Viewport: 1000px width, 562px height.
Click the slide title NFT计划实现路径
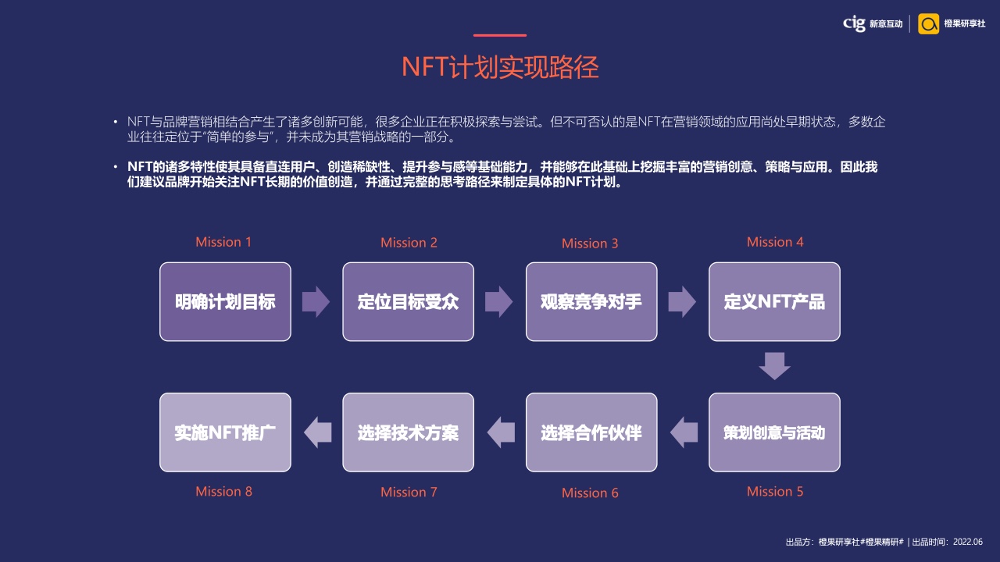(x=500, y=67)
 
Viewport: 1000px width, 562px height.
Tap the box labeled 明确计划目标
(x=225, y=301)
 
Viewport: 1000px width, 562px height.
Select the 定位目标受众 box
(x=408, y=301)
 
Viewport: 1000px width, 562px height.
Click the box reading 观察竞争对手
(x=591, y=301)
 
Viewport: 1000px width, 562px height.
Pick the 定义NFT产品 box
(x=774, y=301)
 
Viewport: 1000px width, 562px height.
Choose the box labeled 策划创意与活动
(x=774, y=432)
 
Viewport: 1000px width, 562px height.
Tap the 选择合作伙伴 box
(x=591, y=432)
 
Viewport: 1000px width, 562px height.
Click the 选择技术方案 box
(x=408, y=432)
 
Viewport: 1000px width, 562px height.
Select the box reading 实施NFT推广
(x=225, y=432)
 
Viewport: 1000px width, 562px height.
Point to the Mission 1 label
(x=223, y=242)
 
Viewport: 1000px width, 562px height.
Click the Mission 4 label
(x=775, y=242)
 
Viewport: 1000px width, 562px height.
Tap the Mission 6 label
(x=590, y=493)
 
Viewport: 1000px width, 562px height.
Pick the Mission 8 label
(x=223, y=492)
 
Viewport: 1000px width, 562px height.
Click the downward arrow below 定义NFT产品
(x=774, y=366)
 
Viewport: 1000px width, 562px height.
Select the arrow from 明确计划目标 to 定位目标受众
(x=316, y=301)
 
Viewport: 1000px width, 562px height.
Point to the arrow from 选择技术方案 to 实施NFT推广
(x=317, y=432)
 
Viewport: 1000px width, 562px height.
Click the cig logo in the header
(x=854, y=23)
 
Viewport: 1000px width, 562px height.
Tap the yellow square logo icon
(x=929, y=23)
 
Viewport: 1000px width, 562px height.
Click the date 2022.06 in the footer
(x=968, y=542)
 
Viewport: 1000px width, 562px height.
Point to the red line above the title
(x=500, y=35)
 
